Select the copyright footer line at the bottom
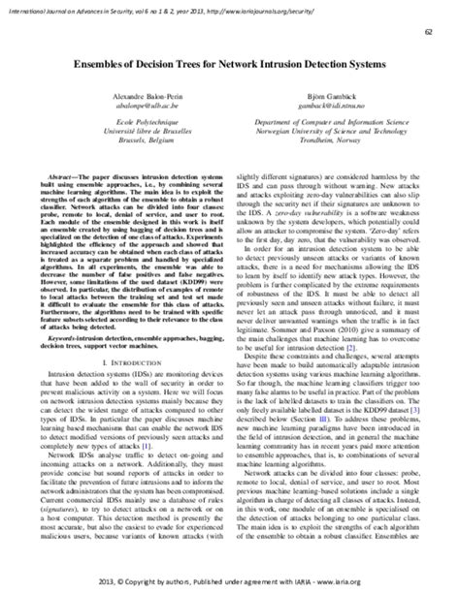pos(230,583)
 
